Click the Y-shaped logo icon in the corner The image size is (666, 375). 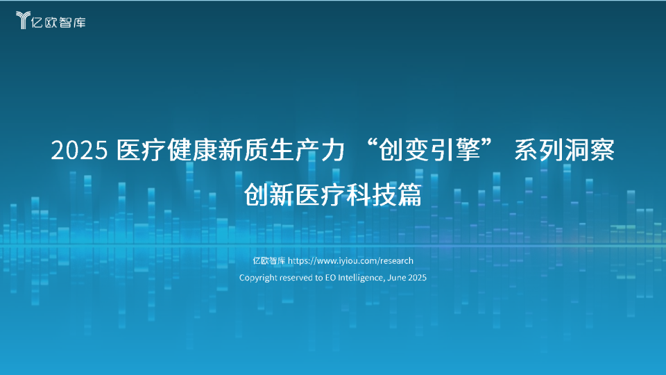click(x=23, y=20)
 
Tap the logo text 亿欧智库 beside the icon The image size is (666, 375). click(x=58, y=22)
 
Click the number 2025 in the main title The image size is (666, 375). click(x=79, y=151)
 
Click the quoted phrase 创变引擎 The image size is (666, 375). click(x=429, y=150)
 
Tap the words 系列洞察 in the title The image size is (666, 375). click(x=565, y=150)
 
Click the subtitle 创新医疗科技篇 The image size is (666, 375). click(x=332, y=194)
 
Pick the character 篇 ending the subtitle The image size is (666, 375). click(x=409, y=194)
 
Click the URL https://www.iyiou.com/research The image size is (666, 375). click(x=350, y=260)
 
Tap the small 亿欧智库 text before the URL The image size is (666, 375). click(x=269, y=260)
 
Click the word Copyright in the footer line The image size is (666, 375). click(x=258, y=278)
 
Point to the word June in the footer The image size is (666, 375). click(x=397, y=278)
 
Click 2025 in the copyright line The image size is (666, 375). click(x=417, y=278)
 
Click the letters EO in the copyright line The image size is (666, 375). click(x=330, y=278)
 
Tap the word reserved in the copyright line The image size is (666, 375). click(x=296, y=278)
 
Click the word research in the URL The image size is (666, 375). click(x=396, y=260)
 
